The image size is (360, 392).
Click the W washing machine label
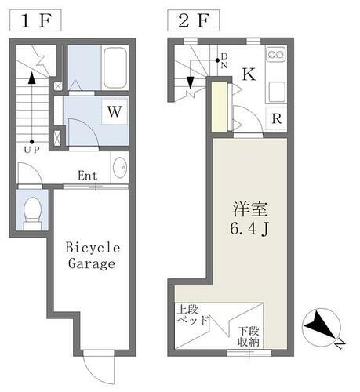[x=114, y=112]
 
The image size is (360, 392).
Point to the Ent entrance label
[x=87, y=176]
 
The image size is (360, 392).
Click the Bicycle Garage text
[x=93, y=255]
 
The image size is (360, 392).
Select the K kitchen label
[x=247, y=75]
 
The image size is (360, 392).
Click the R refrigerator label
[x=276, y=119]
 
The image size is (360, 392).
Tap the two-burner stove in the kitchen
[x=276, y=55]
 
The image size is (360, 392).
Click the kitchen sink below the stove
[x=276, y=91]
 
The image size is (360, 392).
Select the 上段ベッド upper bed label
[x=193, y=314]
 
